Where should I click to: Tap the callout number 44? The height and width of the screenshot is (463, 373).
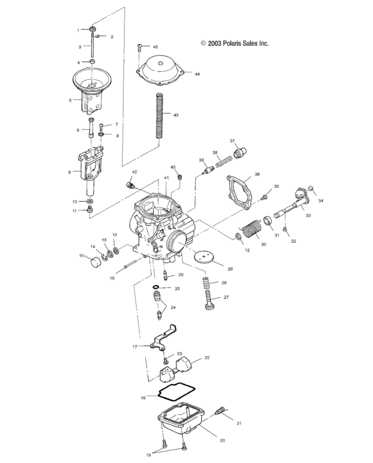tap(197, 74)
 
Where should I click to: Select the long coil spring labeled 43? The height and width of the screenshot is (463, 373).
tap(159, 116)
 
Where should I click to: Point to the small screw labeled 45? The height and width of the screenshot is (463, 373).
tap(140, 47)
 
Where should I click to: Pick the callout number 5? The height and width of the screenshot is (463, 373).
tap(70, 100)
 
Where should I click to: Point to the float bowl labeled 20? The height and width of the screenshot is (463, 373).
tap(181, 425)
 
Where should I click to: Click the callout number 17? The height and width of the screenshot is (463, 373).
tap(135, 347)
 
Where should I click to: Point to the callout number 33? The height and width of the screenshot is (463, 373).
tap(308, 216)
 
